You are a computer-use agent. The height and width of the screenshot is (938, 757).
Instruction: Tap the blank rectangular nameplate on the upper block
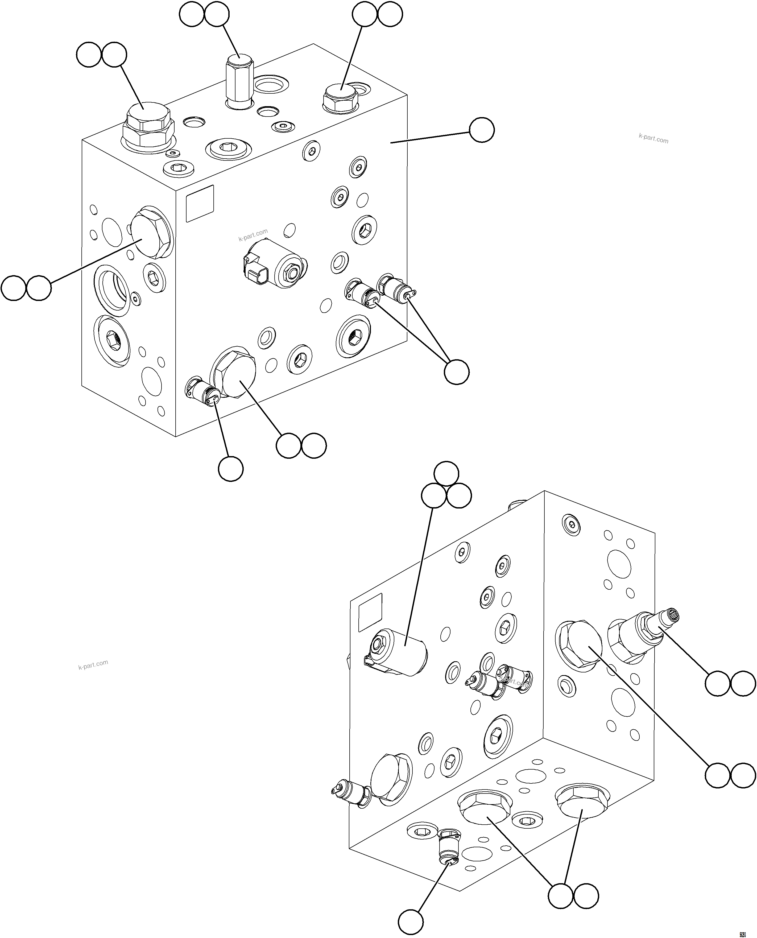click(x=200, y=203)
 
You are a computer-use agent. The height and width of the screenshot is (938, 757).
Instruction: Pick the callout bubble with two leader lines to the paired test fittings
click(x=457, y=372)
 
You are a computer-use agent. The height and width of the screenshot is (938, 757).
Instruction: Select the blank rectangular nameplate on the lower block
click(x=370, y=612)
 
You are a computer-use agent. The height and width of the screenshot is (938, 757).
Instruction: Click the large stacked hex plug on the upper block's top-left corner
click(x=148, y=126)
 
